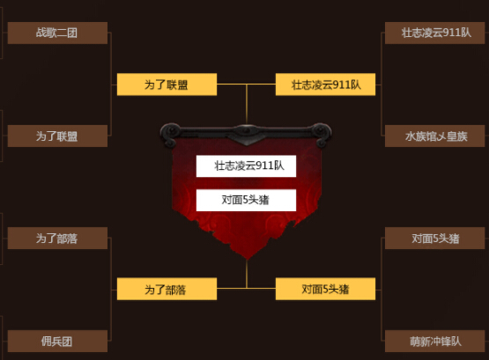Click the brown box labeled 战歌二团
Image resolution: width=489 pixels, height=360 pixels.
[x=57, y=33]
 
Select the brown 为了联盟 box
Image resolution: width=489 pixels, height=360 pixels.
[x=57, y=136]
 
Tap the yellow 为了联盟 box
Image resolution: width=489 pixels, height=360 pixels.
[x=167, y=84]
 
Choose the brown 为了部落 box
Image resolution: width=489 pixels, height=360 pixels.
[x=57, y=239]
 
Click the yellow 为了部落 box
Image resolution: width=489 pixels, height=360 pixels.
[x=167, y=289]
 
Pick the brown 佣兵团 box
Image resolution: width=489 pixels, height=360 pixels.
[x=57, y=341]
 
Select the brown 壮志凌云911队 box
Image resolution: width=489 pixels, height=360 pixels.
[x=434, y=33]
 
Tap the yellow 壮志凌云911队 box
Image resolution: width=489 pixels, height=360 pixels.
[x=326, y=84]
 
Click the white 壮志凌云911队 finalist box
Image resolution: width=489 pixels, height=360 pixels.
[x=246, y=166]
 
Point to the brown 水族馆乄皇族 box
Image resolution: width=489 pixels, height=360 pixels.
[x=434, y=136]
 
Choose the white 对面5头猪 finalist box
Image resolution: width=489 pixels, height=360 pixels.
[x=246, y=200]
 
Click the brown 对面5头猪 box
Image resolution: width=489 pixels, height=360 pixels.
[x=434, y=239]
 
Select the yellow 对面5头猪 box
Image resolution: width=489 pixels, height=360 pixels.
[x=326, y=289]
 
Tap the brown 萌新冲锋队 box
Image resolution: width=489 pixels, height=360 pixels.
[x=434, y=341]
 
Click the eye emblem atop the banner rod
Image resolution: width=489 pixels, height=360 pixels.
[x=247, y=131]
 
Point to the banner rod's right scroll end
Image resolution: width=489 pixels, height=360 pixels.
[x=322, y=134]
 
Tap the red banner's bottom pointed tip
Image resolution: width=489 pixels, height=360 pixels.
[x=247, y=259]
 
